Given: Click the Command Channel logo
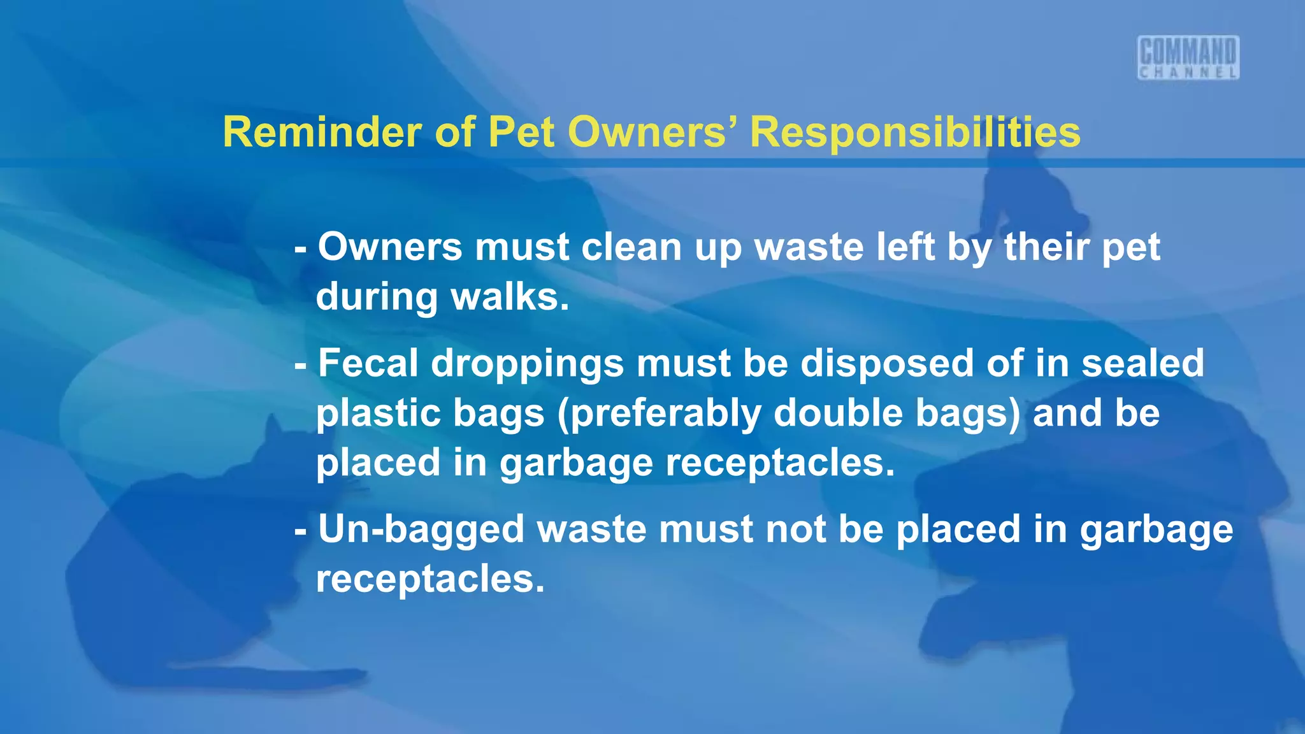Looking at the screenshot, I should [1188, 57].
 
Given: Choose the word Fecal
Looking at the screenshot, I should [368, 363].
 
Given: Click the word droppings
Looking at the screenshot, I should [528, 364].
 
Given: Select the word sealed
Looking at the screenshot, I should [1143, 363].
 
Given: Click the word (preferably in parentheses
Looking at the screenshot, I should [659, 414].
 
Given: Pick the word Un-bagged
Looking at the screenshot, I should [421, 530].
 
